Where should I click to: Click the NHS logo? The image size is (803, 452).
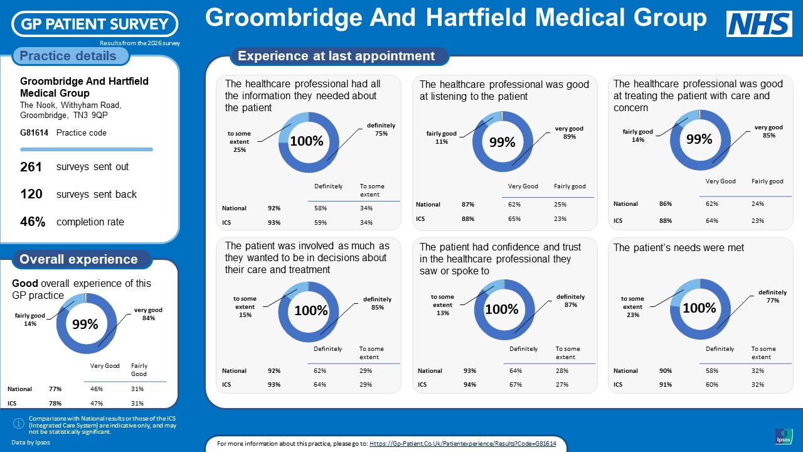(759, 24)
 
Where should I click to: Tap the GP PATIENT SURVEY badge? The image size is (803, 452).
(95, 24)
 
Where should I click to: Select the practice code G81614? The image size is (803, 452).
(34, 132)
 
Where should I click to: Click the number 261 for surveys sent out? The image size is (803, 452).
(31, 167)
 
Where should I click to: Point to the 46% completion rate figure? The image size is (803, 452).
(33, 222)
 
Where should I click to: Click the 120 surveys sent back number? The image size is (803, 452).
(31, 194)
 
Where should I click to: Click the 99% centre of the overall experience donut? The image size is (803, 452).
(85, 324)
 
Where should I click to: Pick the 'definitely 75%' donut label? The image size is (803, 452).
(381, 129)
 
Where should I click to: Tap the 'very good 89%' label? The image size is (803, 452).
(569, 132)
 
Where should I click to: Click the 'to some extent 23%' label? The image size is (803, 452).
(633, 307)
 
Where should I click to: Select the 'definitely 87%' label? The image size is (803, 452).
(571, 301)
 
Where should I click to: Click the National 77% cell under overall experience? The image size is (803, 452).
(55, 389)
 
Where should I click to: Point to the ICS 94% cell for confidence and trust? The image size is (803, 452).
(470, 385)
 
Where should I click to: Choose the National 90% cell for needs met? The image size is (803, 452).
(666, 370)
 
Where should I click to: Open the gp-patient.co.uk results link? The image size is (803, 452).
(463, 444)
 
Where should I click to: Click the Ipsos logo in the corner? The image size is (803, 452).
(784, 436)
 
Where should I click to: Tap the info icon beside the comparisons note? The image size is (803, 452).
(19, 424)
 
